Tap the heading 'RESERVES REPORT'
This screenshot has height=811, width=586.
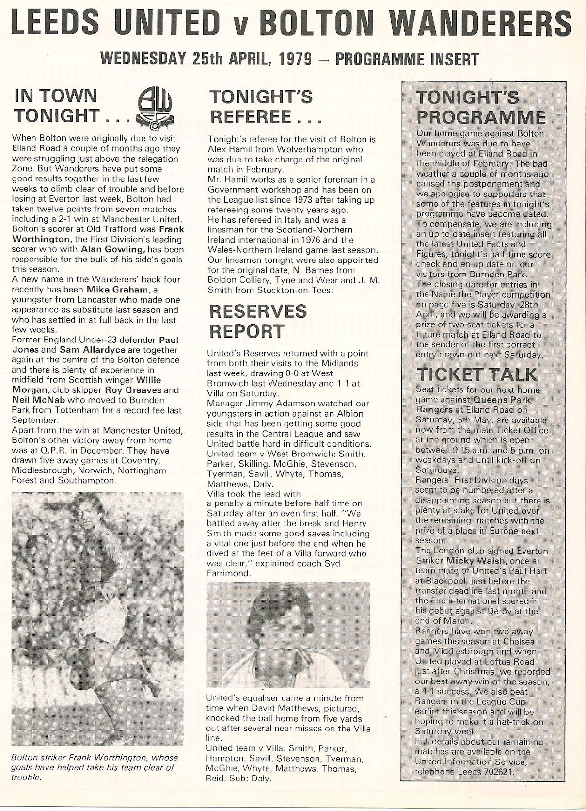257,321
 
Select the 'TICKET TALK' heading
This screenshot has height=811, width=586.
477,374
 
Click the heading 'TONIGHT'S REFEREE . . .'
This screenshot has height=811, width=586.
261,107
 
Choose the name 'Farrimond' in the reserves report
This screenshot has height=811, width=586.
228,573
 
